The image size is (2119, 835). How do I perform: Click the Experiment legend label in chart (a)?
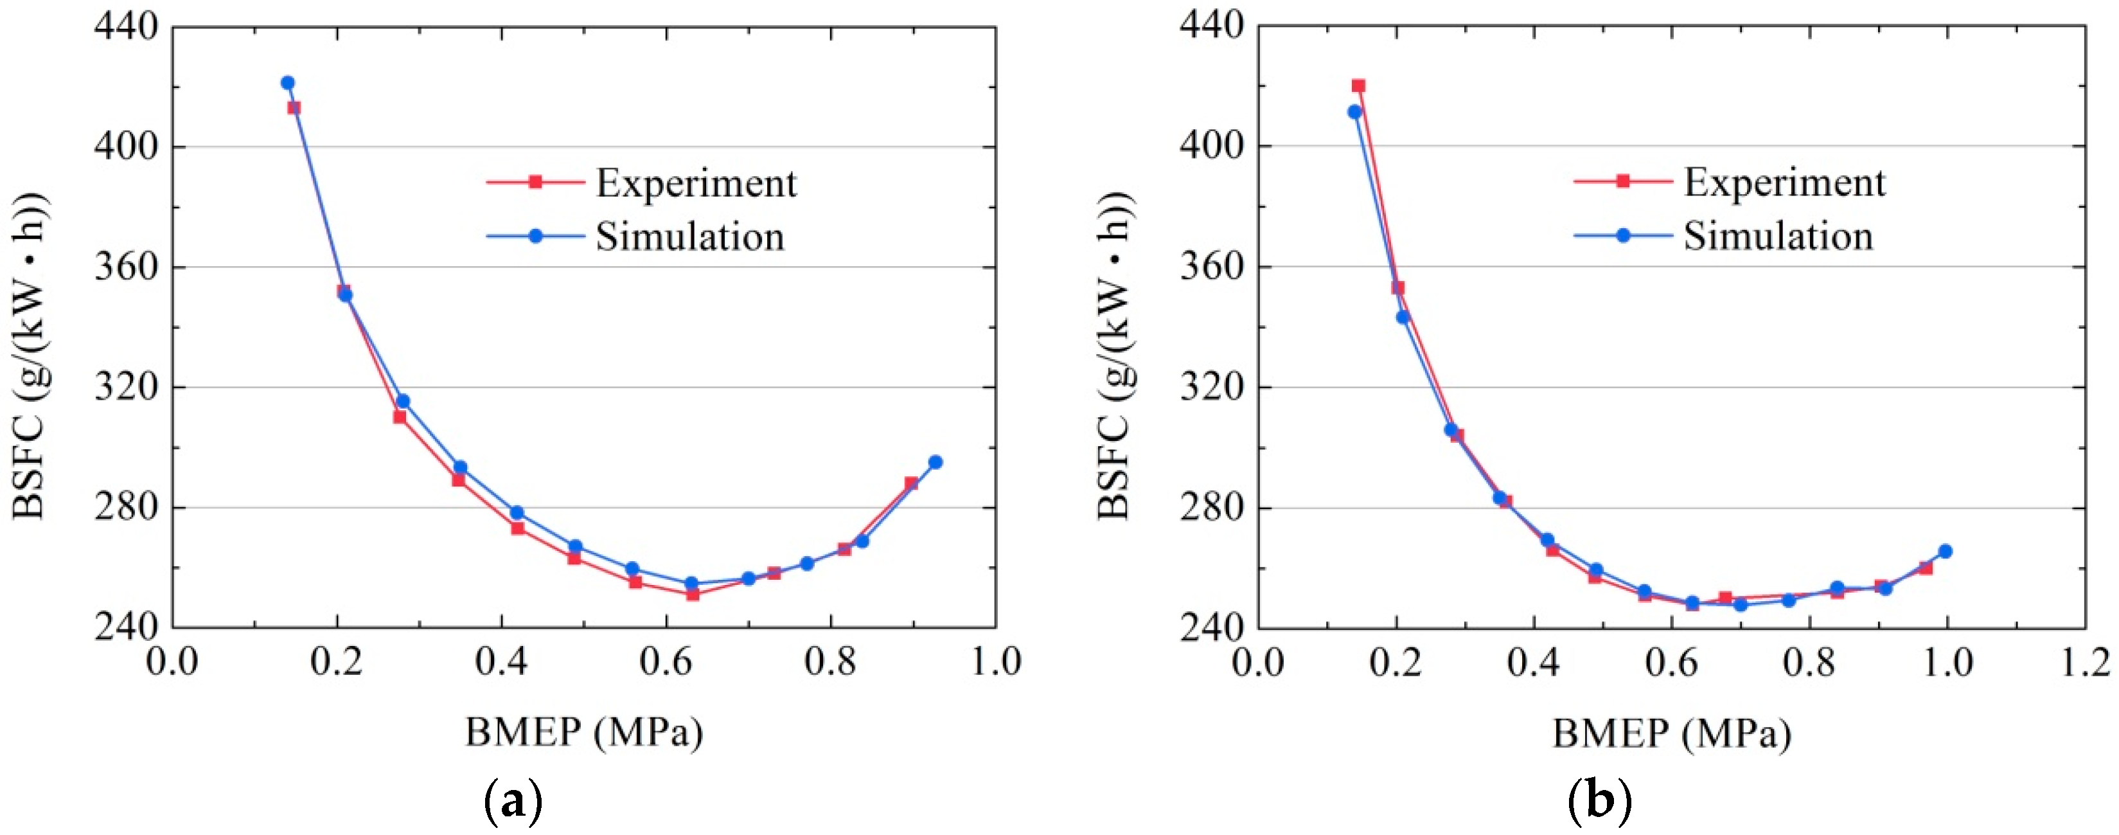click(696, 183)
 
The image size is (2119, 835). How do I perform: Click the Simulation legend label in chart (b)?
click(1778, 236)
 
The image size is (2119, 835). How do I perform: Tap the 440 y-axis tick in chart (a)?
click(126, 27)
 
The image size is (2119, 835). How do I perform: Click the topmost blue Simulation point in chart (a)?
click(287, 83)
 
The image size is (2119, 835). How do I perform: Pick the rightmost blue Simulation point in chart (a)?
click(935, 462)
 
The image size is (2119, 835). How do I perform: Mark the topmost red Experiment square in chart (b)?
click(1358, 85)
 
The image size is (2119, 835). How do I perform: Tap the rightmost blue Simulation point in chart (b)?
click(1946, 551)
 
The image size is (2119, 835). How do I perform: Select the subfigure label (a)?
click(513, 800)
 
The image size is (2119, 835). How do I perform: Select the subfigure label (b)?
click(1600, 800)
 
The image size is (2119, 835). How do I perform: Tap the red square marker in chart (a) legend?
click(535, 182)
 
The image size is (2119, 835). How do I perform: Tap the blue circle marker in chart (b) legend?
click(1623, 235)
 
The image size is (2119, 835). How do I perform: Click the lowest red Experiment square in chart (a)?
click(693, 594)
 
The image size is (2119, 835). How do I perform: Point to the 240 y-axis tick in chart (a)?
click(126, 627)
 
